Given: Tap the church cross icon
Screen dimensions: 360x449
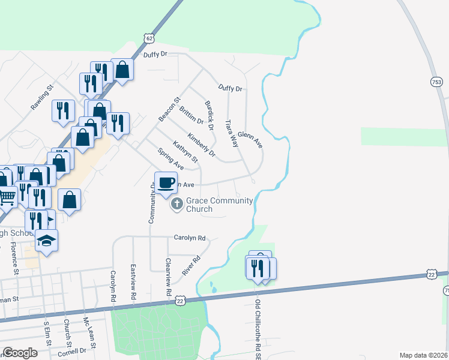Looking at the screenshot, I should (176, 205).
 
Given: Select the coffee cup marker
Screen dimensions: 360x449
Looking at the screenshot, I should (166, 182).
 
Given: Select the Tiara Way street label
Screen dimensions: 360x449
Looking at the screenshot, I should (231, 133).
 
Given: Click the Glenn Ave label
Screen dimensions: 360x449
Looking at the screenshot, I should (250, 140).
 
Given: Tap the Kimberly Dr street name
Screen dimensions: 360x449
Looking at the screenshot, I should (201, 145).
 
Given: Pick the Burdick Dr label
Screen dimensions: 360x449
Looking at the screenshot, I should (209, 115).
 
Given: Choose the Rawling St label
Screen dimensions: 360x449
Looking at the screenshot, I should (43, 97).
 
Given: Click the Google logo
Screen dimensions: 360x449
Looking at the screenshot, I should (20, 353).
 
